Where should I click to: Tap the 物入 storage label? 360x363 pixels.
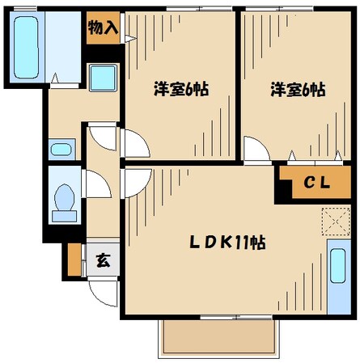click(103, 27)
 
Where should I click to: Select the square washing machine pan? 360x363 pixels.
click(103, 78)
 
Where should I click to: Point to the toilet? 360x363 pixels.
click(63, 199)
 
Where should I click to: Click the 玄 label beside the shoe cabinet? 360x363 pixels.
click(103, 260)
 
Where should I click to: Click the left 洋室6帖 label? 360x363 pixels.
click(180, 89)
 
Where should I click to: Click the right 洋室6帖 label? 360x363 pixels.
click(297, 89)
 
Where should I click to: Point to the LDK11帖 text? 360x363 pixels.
click(228, 241)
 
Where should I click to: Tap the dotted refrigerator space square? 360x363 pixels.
click(332, 220)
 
